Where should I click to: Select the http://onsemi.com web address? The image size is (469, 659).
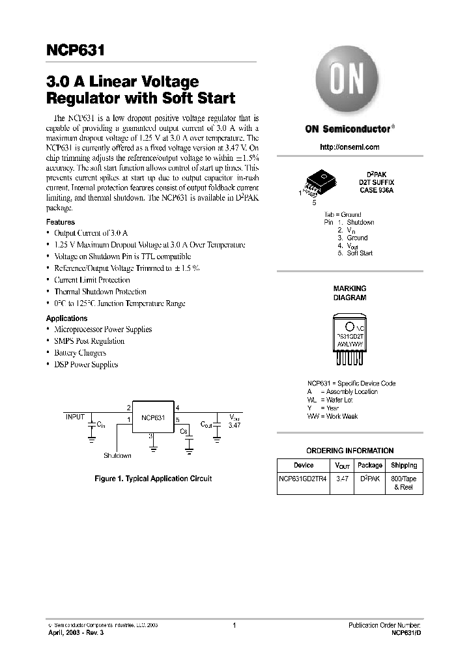coord(349,147)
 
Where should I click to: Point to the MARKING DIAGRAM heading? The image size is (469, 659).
coord(350,292)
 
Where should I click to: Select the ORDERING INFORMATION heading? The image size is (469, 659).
coord(350,451)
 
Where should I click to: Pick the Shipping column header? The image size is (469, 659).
coord(404,466)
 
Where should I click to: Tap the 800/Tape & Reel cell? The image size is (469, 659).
coord(404,483)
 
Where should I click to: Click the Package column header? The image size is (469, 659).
coord(370,466)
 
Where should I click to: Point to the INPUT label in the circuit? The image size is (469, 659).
coord(75,415)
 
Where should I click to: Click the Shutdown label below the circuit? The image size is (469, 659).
coord(117,456)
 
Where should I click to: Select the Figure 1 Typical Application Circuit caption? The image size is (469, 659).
coord(153,479)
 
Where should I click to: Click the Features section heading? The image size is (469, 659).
coord(61,222)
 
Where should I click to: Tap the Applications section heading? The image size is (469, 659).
coord(66,318)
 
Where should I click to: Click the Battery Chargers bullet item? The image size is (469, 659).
coord(80,353)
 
